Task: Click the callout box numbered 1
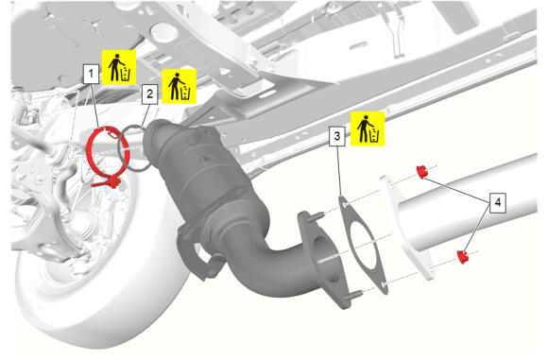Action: pos(91,74)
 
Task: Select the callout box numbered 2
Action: pos(149,94)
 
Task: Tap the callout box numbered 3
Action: pos(337,136)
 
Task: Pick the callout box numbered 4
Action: pos(498,202)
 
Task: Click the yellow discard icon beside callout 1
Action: pos(119,67)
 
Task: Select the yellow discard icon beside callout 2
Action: pos(179,86)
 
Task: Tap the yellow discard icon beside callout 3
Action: pos(368,129)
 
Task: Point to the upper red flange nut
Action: pos(422,172)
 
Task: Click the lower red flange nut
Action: pos(463,257)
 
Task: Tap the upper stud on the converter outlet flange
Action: pos(317,216)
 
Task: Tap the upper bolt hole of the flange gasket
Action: pos(345,204)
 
